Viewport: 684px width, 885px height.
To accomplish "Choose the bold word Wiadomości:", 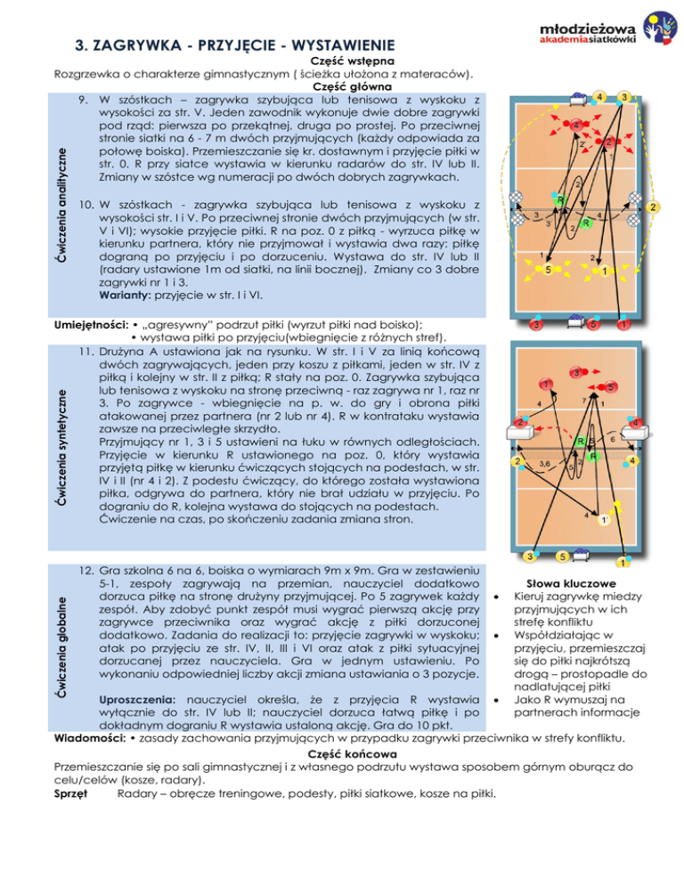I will pos(90,736).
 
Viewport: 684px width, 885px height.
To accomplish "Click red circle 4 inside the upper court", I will pos(577,126).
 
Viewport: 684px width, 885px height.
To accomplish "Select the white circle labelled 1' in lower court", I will pos(605,520).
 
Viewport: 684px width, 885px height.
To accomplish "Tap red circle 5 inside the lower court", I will pos(613,387).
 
